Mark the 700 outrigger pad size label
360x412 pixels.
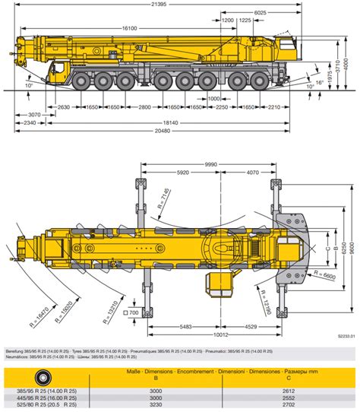click(134, 312)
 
